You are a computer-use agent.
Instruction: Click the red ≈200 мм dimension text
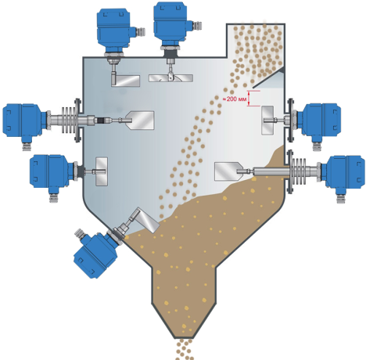coord(235,99)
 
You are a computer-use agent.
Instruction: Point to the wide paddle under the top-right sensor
coord(170,78)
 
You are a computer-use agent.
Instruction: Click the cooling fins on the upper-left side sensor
coord(69,120)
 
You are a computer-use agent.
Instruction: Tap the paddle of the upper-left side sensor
coord(141,121)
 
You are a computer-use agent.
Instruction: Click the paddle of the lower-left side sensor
coord(102,171)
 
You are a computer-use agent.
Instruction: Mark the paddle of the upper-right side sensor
coord(267,121)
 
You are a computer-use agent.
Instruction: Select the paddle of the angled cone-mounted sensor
coord(147,220)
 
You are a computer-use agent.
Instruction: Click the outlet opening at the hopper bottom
coord(185,338)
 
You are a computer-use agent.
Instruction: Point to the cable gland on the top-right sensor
coord(199,26)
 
